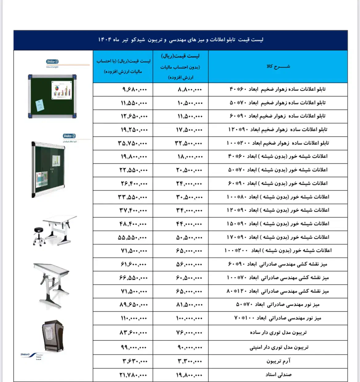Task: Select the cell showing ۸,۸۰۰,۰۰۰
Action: click(x=190, y=90)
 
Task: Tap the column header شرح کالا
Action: click(x=278, y=66)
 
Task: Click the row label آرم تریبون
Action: click(x=278, y=361)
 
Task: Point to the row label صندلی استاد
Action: click(x=278, y=375)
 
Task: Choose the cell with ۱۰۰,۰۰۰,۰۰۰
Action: click(x=189, y=318)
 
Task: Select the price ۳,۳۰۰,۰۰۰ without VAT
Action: click(x=190, y=361)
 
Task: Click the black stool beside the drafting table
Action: click(x=39, y=235)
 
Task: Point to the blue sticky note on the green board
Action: click(x=40, y=105)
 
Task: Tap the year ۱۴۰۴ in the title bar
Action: click(x=105, y=40)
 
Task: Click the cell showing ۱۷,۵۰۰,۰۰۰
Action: click(x=189, y=130)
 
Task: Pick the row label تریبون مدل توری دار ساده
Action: click(x=278, y=333)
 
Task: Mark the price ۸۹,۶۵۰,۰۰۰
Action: click(x=134, y=305)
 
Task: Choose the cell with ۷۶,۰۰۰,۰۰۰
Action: click(x=189, y=333)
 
